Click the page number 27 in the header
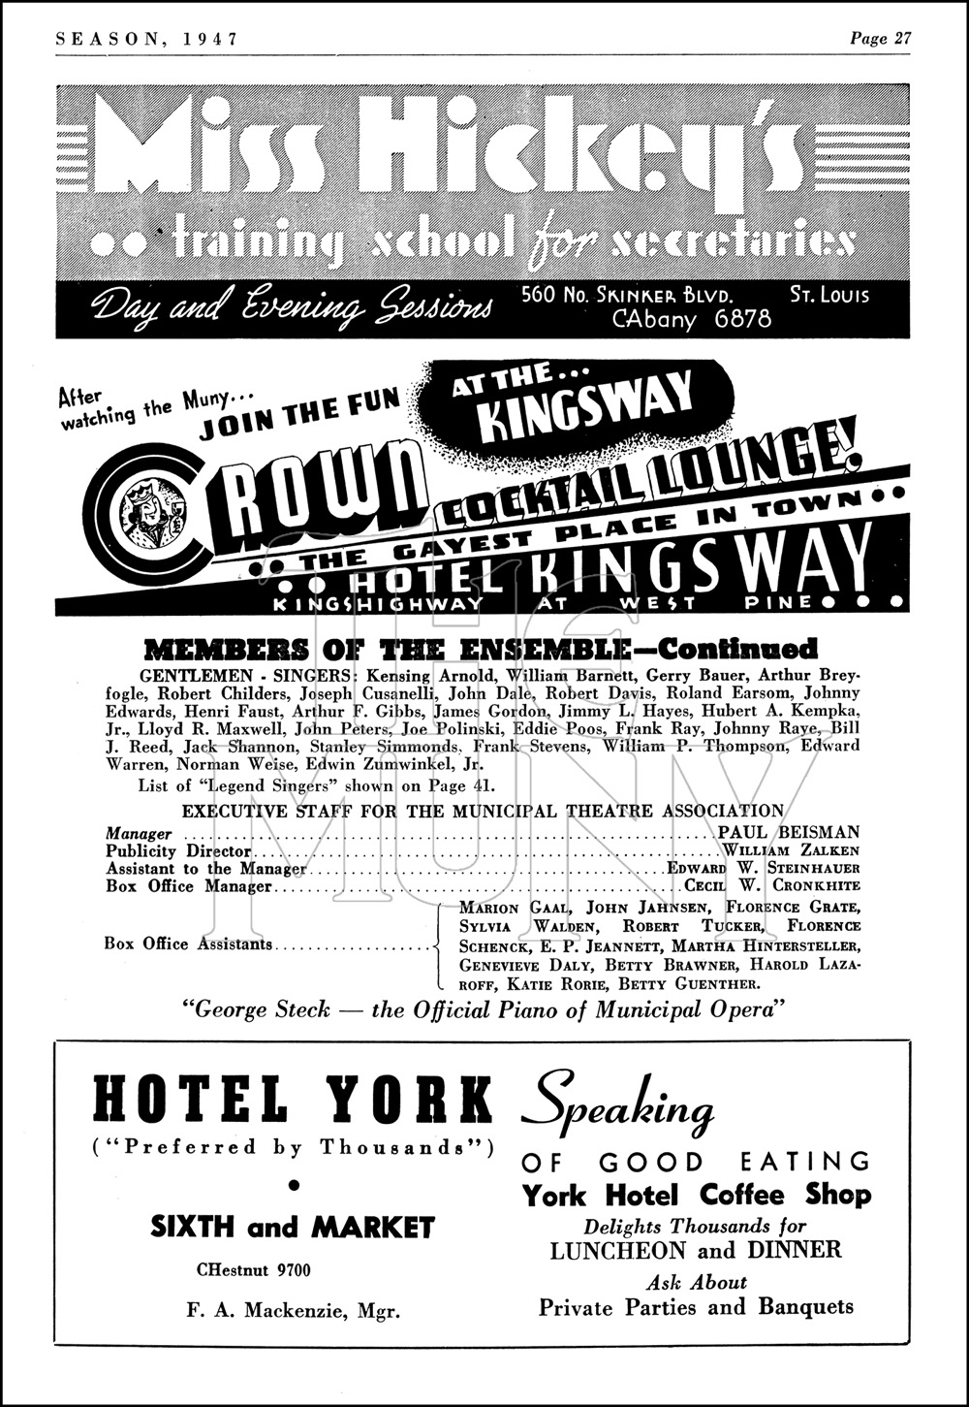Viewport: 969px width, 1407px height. click(902, 39)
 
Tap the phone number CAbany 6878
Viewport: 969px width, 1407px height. click(692, 319)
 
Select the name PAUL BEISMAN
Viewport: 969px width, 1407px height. click(789, 832)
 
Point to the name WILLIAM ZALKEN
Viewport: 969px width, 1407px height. click(791, 850)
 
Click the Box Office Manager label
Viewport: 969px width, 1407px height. click(188, 886)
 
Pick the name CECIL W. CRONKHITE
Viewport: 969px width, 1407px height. click(772, 886)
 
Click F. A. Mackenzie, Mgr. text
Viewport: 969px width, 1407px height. click(293, 1311)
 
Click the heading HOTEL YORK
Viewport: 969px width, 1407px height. click(293, 1101)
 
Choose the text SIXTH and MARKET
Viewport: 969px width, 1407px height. click(293, 1228)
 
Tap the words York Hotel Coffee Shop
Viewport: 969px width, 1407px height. click(697, 1194)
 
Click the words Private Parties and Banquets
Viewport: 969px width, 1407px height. click(697, 1307)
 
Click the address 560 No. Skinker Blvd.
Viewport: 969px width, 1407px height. click(626, 294)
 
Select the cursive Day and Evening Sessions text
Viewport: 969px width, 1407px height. click(292, 305)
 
